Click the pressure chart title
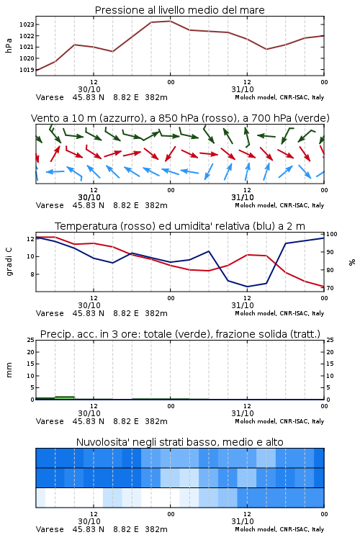click(179, 10)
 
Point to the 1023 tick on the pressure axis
click(27, 24)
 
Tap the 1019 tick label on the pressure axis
click(27, 70)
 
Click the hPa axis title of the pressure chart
click(9, 45)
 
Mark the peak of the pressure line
click(170, 21)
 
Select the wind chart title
click(180, 118)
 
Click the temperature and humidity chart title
click(180, 226)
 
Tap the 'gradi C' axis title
click(9, 261)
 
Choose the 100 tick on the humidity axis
click(332, 234)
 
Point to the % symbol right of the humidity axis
click(352, 262)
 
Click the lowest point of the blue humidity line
click(247, 287)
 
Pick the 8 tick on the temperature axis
click(32, 274)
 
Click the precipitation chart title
click(180, 334)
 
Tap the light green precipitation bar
click(65, 397)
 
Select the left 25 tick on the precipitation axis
click(31, 340)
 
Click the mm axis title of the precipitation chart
click(9, 370)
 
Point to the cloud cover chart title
click(179, 442)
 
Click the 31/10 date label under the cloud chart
click(243, 521)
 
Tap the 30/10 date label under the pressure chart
click(89, 89)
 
